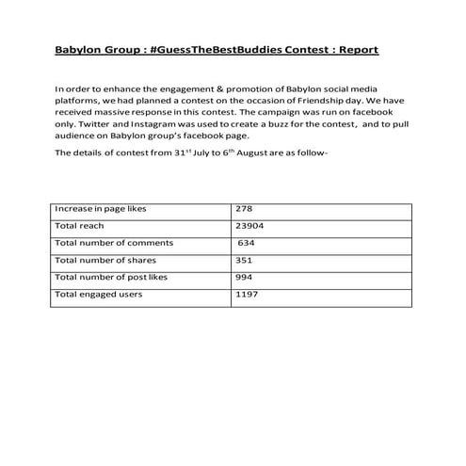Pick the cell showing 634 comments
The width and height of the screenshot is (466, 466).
point(249,244)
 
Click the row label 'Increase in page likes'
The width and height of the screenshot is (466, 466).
point(101,209)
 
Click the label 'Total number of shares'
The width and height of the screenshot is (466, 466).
point(105,261)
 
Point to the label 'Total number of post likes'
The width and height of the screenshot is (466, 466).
point(112,278)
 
